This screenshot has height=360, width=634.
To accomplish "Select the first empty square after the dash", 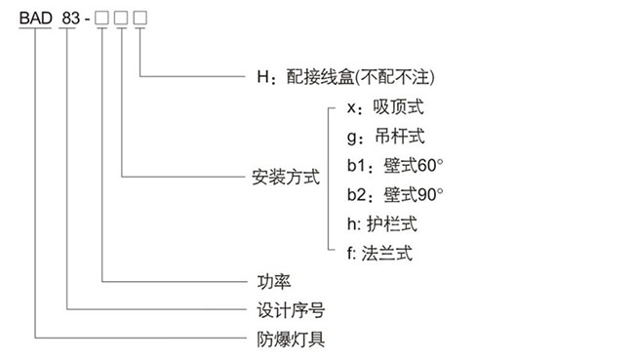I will [x=103, y=17].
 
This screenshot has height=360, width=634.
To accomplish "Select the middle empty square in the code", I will [x=122, y=17].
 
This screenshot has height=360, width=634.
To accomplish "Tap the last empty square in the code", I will [x=140, y=17].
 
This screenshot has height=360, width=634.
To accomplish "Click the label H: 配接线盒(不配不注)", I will [x=341, y=75].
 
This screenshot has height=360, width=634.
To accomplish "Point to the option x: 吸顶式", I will [x=385, y=106].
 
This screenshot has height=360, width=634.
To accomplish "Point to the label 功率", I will [x=266, y=282].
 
